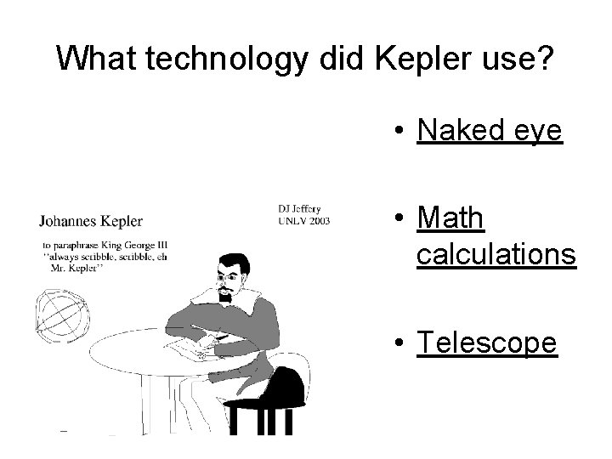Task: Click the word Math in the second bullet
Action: click(x=451, y=218)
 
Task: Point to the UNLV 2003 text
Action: click(x=303, y=221)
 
